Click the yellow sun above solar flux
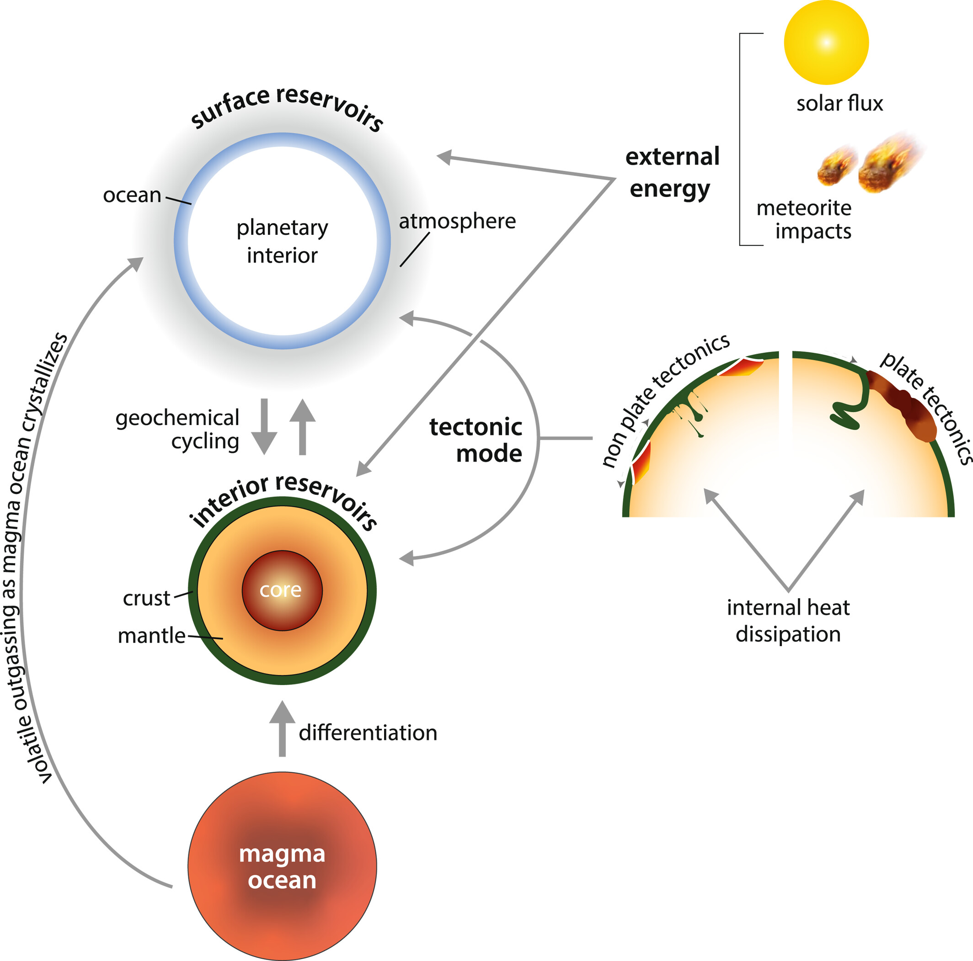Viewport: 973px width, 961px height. pyautogui.click(x=826, y=42)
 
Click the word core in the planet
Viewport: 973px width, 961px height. pyautogui.click(x=281, y=590)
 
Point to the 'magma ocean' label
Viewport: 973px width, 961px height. pyautogui.click(x=282, y=867)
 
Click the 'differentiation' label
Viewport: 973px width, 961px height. pyautogui.click(x=368, y=733)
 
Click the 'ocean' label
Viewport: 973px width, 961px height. pyautogui.click(x=132, y=195)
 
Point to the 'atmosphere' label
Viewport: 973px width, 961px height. pyautogui.click(x=457, y=222)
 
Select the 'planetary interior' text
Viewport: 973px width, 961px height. pyautogui.click(x=282, y=242)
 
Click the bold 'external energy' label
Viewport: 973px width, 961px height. pyautogui.click(x=672, y=173)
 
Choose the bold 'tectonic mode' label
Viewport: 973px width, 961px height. pyautogui.click(x=476, y=440)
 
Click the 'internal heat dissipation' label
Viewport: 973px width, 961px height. pyautogui.click(x=788, y=621)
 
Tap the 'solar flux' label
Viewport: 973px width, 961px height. pyautogui.click(x=839, y=104)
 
